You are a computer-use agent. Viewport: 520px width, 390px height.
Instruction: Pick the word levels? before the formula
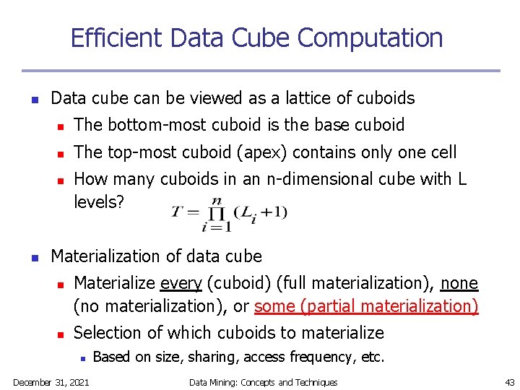pos(100,201)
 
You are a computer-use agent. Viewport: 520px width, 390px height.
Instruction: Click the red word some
pos(274,306)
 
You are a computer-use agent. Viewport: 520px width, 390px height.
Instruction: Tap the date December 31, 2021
pos(51,382)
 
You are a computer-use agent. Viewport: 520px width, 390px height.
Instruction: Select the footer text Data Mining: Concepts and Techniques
pos(263,382)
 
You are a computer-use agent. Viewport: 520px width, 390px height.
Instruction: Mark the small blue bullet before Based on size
pos(83,357)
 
